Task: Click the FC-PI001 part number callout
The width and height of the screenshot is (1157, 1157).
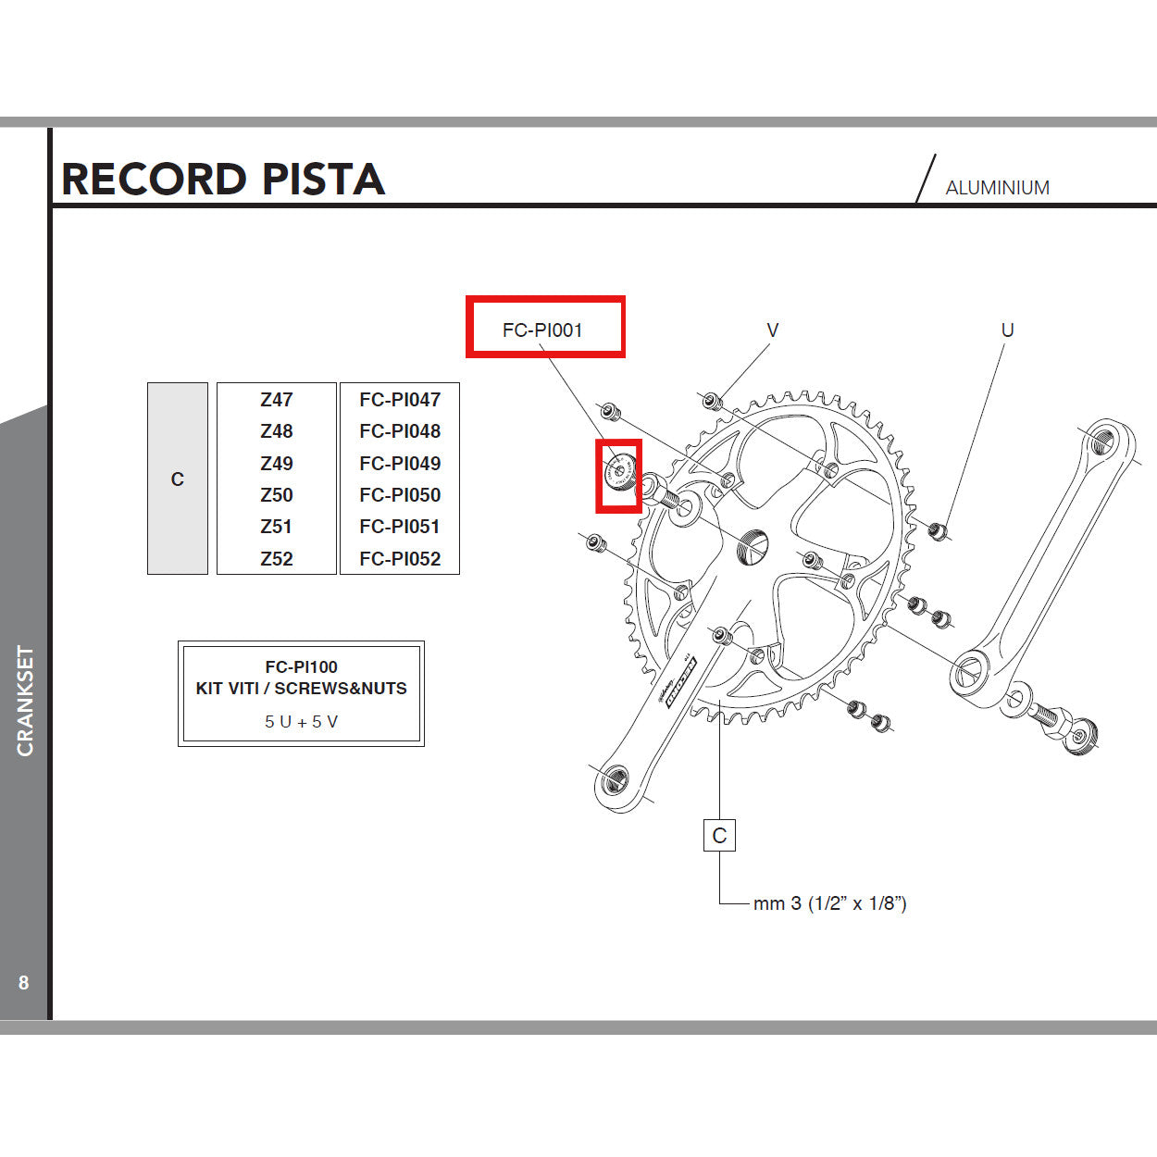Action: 542,330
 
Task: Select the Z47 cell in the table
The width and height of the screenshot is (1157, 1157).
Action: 276,400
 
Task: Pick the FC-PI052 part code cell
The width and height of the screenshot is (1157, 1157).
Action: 400,559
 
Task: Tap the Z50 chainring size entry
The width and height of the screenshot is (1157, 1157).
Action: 276,495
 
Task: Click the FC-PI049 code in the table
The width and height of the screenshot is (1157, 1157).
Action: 400,464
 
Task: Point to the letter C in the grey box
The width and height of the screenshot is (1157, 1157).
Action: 178,479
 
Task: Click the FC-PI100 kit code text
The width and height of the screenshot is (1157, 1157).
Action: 301,666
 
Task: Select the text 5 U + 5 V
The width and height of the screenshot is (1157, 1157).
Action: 301,722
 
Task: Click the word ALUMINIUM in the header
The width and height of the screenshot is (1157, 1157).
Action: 997,188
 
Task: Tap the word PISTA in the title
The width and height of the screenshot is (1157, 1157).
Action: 323,180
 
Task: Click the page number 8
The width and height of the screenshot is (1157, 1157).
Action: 24,983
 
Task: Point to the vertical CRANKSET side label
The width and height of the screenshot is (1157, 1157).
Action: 25,701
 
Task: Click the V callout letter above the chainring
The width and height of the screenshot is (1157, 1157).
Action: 773,330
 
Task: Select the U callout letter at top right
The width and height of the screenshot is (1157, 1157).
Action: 1008,330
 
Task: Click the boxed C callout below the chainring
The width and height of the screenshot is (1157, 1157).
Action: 719,836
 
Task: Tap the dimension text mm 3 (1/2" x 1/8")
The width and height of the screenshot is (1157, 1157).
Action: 829,903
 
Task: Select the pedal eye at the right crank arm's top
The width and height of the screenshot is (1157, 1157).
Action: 1102,441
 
